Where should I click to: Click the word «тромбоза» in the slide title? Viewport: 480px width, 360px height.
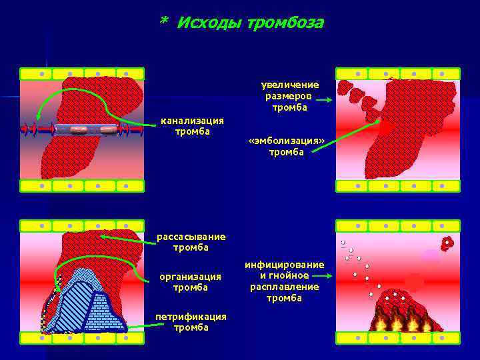pos(285,24)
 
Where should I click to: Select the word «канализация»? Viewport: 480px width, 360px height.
pos(192,121)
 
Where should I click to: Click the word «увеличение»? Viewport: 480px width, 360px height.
pos(290,85)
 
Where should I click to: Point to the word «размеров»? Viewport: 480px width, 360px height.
pos(290,95)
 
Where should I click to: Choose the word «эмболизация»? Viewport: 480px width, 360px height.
pos(286,141)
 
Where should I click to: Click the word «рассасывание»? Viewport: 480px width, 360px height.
pos(191,237)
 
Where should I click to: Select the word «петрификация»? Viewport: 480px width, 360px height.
pos(191,317)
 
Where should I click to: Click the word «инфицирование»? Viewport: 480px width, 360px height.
pos(285,265)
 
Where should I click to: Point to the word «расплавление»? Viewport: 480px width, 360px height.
pos(285,287)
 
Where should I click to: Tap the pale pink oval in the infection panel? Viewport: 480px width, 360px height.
pos(431,255)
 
